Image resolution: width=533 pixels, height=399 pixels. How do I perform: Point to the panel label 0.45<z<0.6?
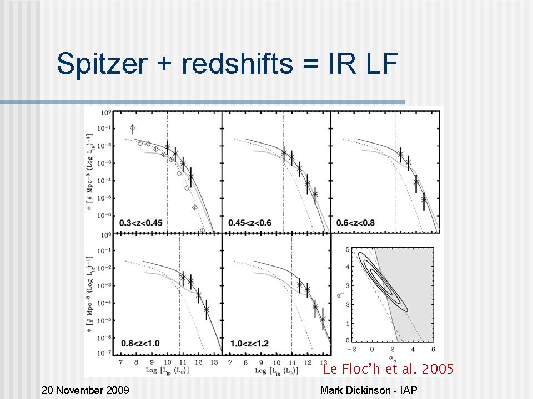pyautogui.click(x=249, y=223)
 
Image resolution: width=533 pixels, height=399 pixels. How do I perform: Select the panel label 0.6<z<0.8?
pyautogui.click(x=355, y=223)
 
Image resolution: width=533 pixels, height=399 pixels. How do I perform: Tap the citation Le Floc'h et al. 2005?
pyautogui.click(x=388, y=369)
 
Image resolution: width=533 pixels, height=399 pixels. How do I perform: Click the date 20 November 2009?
pyautogui.click(x=86, y=391)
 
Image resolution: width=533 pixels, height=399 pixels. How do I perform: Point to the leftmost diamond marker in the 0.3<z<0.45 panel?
pyautogui.click(x=132, y=127)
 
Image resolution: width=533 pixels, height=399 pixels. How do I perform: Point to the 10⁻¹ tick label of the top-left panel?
pyautogui.click(x=104, y=128)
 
